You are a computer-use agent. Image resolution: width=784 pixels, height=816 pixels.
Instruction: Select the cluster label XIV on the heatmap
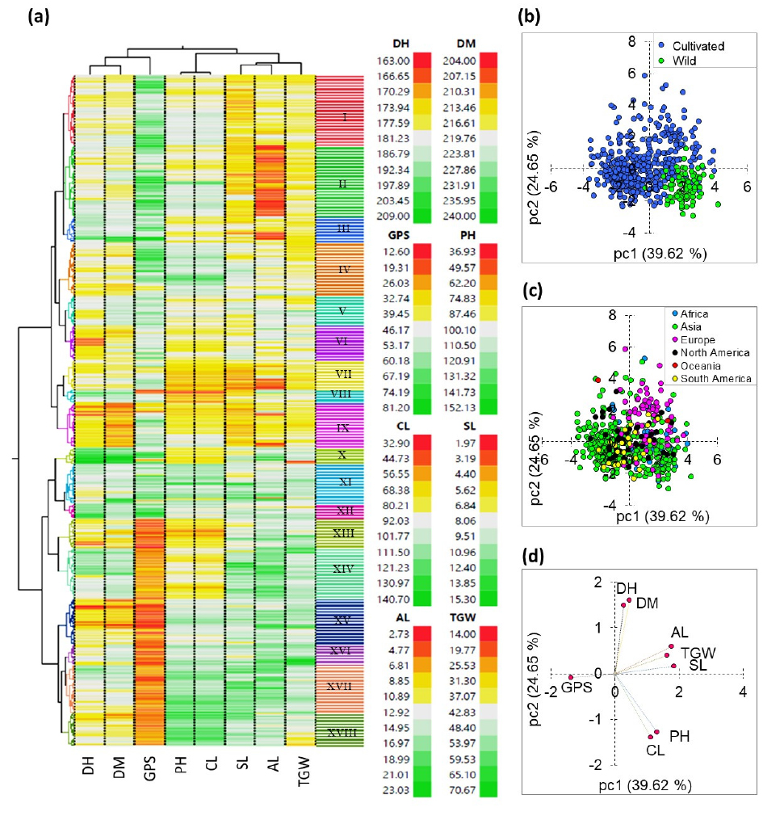point(344,569)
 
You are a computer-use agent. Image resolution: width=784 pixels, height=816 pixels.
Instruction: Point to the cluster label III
point(344,229)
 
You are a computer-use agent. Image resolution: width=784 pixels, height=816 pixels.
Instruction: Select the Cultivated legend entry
point(700,46)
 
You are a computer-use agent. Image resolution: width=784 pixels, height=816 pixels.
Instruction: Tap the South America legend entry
point(710,379)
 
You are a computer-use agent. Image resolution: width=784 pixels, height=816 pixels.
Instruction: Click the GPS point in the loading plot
point(571,677)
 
